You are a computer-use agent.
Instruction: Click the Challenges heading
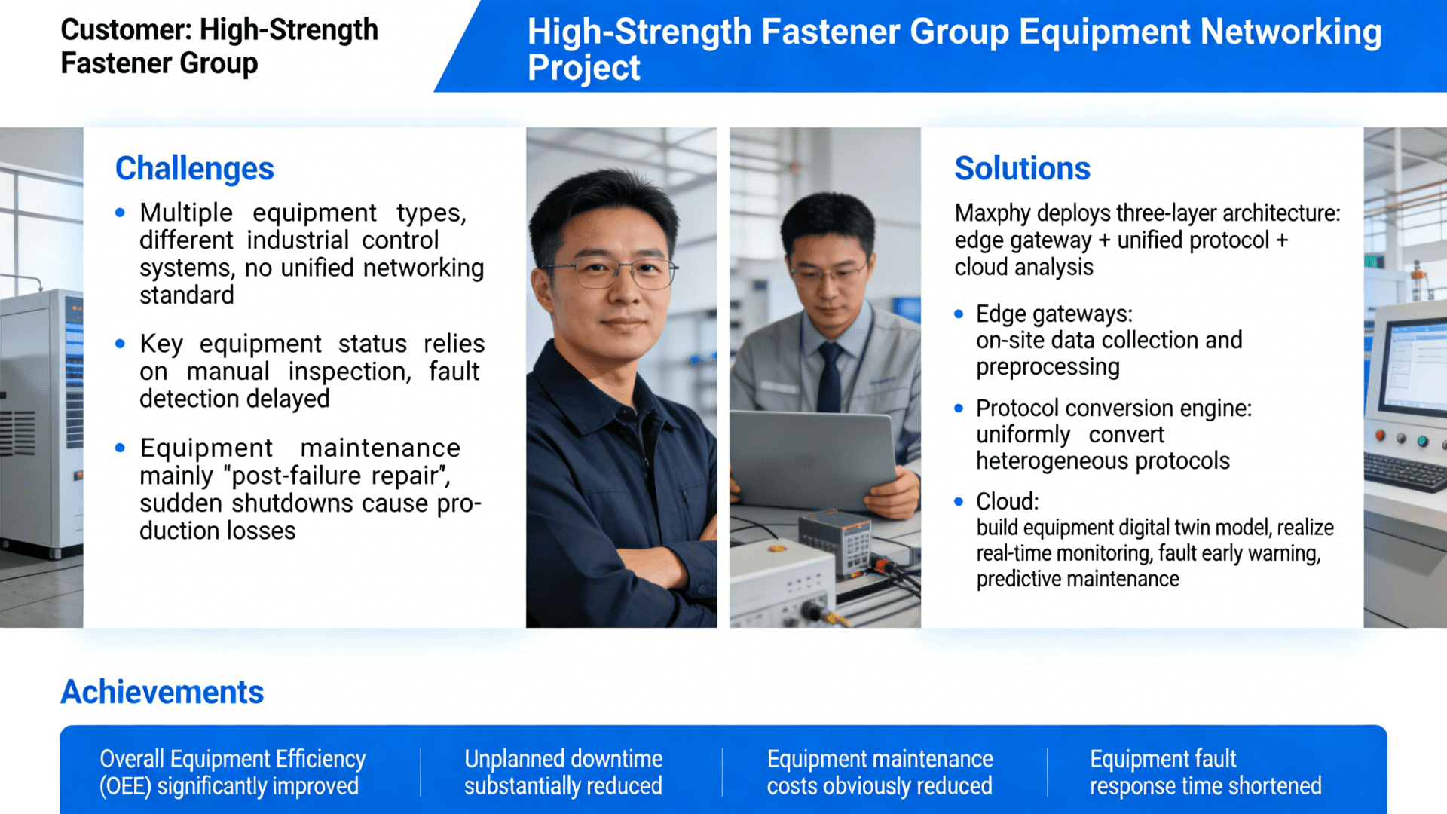click(194, 168)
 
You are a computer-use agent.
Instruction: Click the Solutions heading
click(1022, 168)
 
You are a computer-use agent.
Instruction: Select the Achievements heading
click(162, 692)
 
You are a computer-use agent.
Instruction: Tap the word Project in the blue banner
click(583, 68)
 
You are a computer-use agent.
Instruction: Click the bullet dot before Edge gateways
click(959, 314)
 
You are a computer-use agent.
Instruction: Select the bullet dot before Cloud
click(959, 502)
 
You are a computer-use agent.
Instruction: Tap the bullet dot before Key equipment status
click(120, 344)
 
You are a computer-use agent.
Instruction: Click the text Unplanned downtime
click(563, 758)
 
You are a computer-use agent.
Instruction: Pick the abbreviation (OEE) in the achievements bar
click(125, 786)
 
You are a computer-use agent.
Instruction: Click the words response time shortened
click(1205, 786)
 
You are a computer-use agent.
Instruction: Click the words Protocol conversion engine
click(1113, 409)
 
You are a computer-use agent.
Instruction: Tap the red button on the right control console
click(1381, 435)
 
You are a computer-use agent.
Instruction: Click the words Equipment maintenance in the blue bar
click(880, 758)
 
